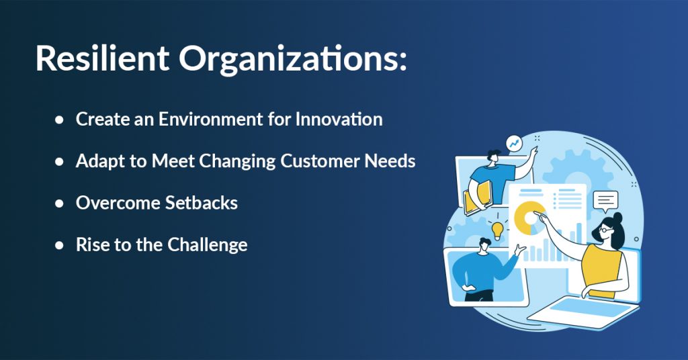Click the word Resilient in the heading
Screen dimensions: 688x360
(x=102, y=58)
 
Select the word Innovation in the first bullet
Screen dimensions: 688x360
(x=339, y=120)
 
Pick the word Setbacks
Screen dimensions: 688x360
(x=202, y=203)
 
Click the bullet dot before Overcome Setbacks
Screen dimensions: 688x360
(x=59, y=204)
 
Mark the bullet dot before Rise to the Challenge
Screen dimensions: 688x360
(x=59, y=245)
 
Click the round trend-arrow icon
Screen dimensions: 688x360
(x=514, y=143)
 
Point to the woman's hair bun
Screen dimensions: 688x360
(x=618, y=218)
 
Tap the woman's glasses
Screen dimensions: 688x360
(x=605, y=229)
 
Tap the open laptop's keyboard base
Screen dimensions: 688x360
(x=584, y=312)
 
